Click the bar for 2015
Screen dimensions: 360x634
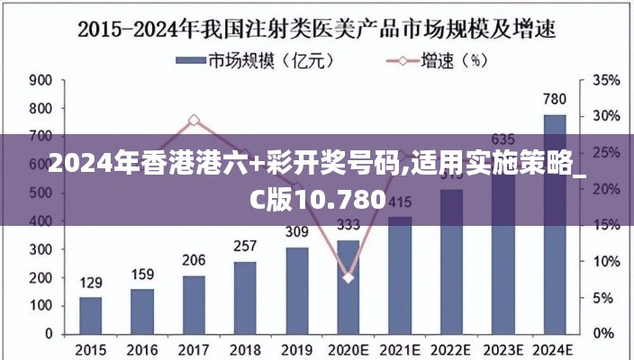pyautogui.click(x=90, y=315)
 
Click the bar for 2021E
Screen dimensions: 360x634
pyautogui.click(x=400, y=274)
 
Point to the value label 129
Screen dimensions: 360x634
pyautogui.click(x=91, y=283)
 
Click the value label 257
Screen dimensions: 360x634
pyautogui.click(x=245, y=246)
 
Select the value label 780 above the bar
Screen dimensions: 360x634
pyautogui.click(x=555, y=99)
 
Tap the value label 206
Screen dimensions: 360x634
pyautogui.click(x=194, y=260)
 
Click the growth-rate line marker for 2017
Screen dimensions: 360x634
pyautogui.click(x=194, y=120)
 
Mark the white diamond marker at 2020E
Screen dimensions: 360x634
pyautogui.click(x=349, y=277)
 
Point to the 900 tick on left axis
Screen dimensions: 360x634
pyautogui.click(x=41, y=80)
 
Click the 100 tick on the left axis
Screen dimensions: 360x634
pyautogui.click(x=41, y=305)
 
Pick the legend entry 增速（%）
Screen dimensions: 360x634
pyautogui.click(x=432, y=61)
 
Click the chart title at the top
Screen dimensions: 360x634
pyautogui.click(x=316, y=28)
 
